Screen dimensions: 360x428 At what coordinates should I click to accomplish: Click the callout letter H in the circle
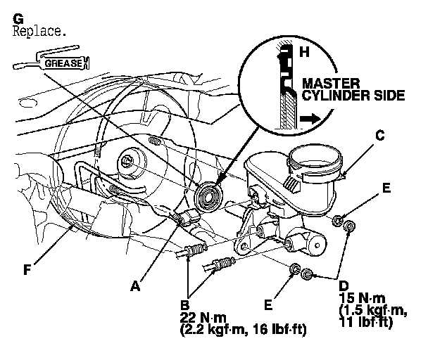click(x=305, y=51)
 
